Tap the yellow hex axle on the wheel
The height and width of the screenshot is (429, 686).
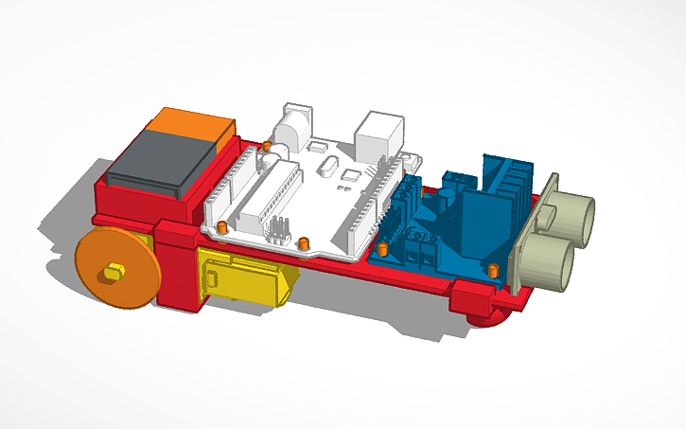tap(113, 272)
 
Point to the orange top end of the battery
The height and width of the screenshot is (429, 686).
tap(193, 123)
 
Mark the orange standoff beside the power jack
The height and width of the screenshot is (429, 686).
tap(268, 147)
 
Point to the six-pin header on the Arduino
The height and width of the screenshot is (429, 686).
tap(278, 227)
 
